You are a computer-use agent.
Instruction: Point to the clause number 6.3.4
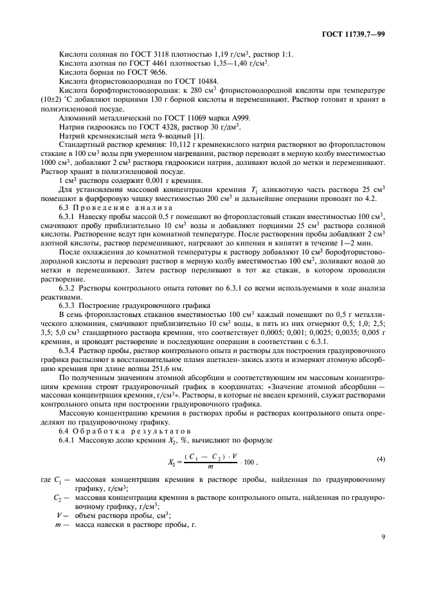click(68, 349)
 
